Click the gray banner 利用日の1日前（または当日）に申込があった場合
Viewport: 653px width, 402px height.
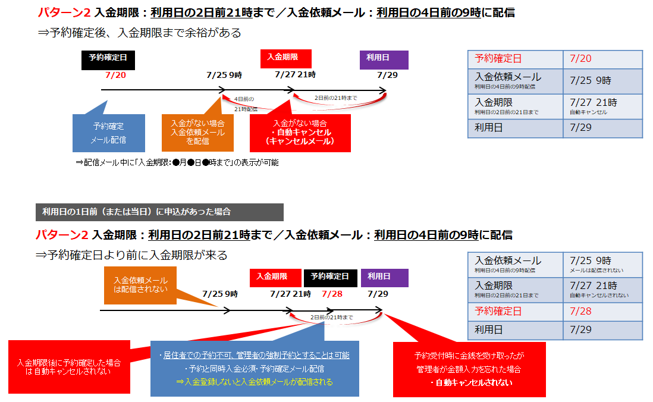click(159, 212)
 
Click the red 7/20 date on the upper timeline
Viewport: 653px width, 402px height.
click(115, 75)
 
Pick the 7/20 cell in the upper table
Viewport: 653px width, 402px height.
click(602, 58)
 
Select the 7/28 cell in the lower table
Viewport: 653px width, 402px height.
click(602, 311)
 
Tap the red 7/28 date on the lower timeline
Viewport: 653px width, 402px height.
click(332, 294)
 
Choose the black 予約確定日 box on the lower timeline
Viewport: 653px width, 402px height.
click(331, 277)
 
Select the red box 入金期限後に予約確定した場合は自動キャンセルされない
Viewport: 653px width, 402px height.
click(69, 367)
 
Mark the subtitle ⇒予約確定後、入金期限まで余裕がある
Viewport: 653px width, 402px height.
click(139, 33)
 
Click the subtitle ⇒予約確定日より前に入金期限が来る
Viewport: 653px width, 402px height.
click(132, 256)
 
